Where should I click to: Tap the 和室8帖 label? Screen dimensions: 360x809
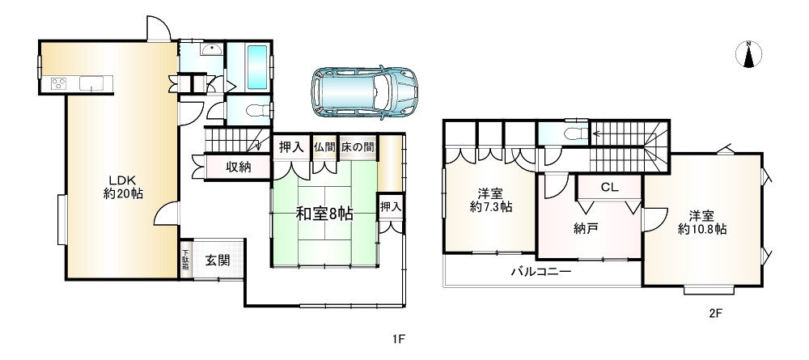coord(323,214)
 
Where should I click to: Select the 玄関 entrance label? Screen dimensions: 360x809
coord(216,260)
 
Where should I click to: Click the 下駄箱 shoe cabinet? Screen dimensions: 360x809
coord(185,260)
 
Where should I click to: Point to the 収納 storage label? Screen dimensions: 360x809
coord(238,167)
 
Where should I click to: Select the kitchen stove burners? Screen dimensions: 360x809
coord(60,83)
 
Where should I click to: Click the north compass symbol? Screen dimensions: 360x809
coord(749,54)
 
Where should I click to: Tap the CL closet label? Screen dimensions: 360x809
coord(609,187)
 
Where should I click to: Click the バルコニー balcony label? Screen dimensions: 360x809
coord(540,273)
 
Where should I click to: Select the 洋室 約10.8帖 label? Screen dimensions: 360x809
coord(701,222)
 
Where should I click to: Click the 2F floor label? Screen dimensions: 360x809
coord(714,315)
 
